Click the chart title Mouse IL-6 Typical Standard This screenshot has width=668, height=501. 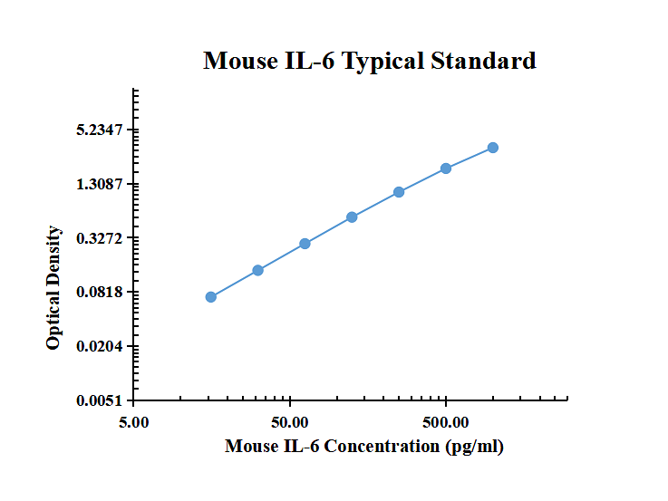pos(370,62)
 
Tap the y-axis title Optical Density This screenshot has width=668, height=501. pos(53,288)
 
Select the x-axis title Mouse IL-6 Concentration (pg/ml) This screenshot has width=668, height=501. pos(364,447)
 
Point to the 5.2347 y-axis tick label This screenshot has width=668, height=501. pos(100,130)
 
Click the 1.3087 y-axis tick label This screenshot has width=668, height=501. pos(100,184)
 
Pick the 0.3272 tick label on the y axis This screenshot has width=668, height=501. pos(100,238)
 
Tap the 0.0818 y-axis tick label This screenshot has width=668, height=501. pos(100,292)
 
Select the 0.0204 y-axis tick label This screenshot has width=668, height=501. pos(100,346)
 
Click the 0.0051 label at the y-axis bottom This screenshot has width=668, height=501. pos(100,400)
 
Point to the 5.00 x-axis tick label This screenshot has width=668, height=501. pos(134,422)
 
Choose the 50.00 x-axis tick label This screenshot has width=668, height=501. pos(290,422)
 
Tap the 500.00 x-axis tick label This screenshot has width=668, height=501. pos(446,422)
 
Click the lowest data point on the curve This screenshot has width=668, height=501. pos(211,297)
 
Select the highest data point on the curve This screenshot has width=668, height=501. pos(493,148)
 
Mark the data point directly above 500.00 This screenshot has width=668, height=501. pos(446,169)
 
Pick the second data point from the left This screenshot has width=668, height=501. pos(257,270)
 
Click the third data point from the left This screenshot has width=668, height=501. pos(305,244)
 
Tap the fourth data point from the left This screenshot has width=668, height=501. pos(352,217)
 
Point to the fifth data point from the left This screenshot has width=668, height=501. pos(399,192)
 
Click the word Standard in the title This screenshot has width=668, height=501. pos(483,61)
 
